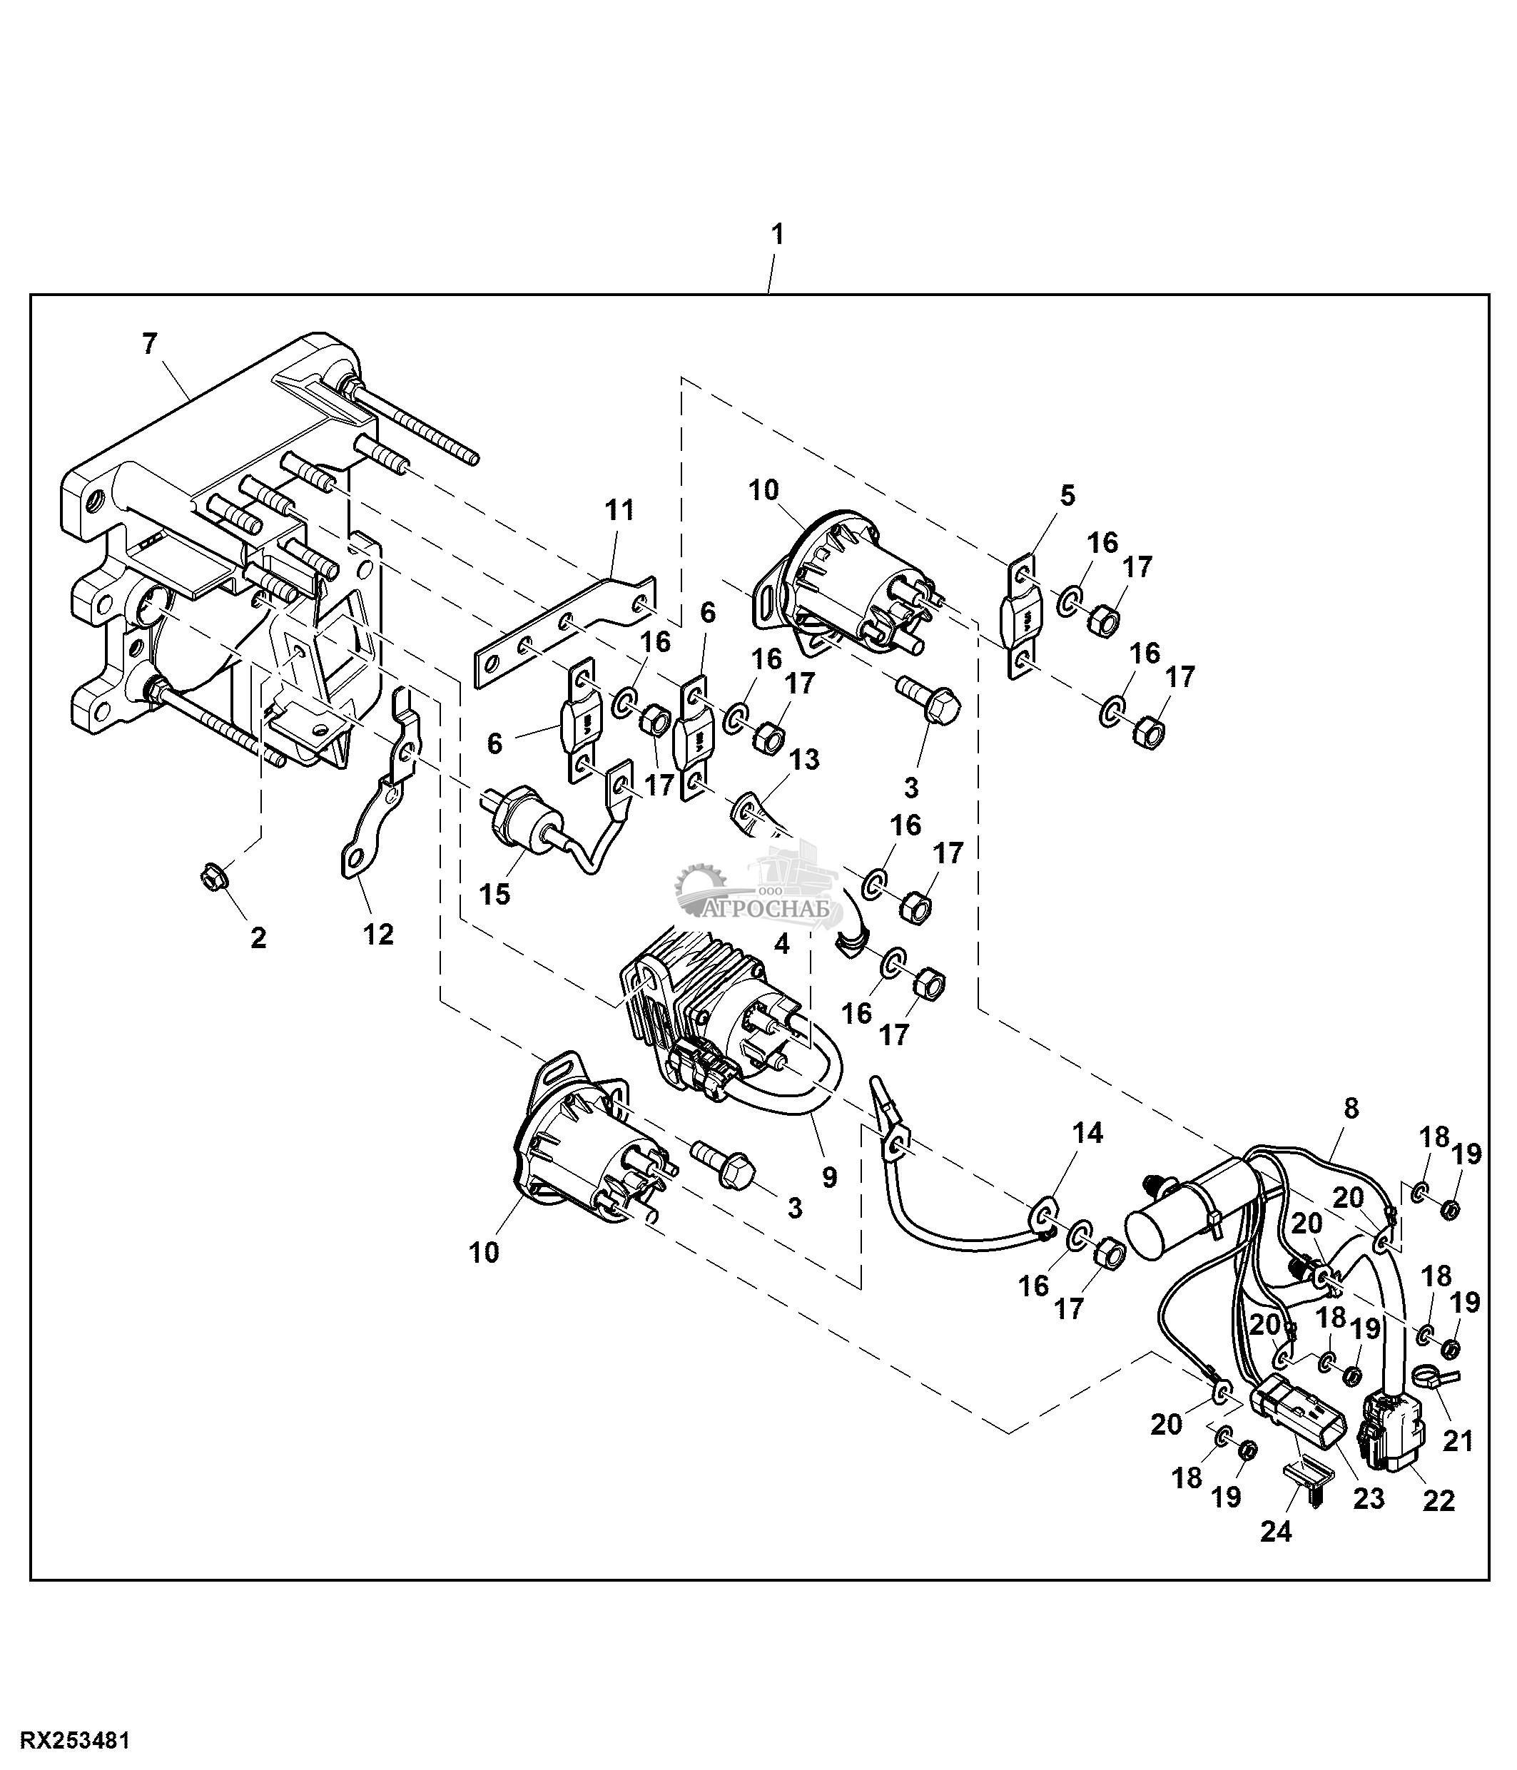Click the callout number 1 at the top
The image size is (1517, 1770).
pyautogui.click(x=776, y=235)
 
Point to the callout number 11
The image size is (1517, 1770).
pyautogui.click(x=619, y=510)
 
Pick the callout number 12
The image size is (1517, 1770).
pyautogui.click(x=378, y=934)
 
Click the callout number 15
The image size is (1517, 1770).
pyautogui.click(x=494, y=895)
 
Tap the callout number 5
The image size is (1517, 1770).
pyautogui.click(x=1067, y=495)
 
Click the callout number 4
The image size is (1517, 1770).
pyautogui.click(x=781, y=944)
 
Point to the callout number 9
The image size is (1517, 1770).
pyautogui.click(x=829, y=1177)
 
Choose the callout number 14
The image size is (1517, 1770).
pyautogui.click(x=1088, y=1133)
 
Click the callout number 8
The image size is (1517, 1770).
pyautogui.click(x=1351, y=1109)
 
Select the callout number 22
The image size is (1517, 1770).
pyautogui.click(x=1439, y=1524)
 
